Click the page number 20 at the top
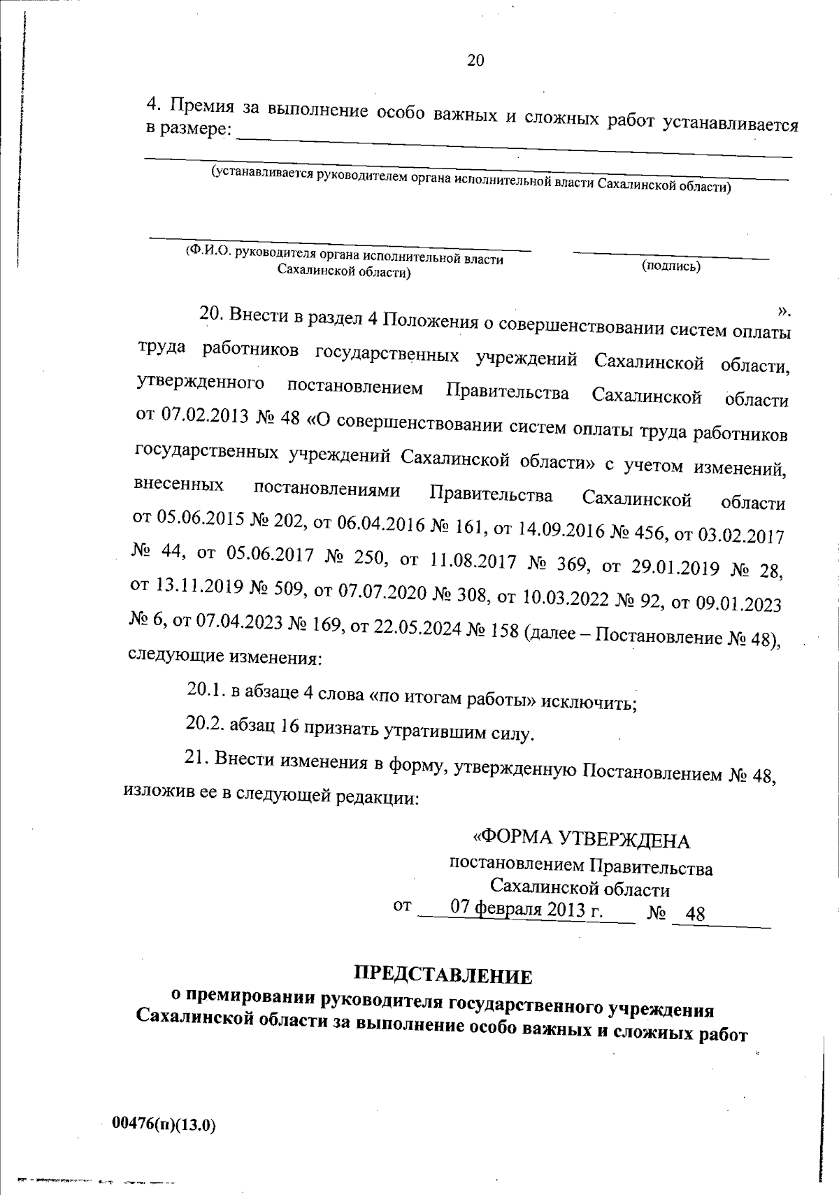pyautogui.click(x=475, y=60)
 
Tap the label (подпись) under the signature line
pyautogui.click(x=671, y=266)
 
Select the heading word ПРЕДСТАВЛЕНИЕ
pyautogui.click(x=443, y=974)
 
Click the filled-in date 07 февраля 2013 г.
pyautogui.click(x=526, y=910)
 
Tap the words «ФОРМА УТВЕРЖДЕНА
pyautogui.click(x=582, y=838)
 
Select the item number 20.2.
pyautogui.click(x=204, y=724)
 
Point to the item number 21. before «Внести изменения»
pyautogui.click(x=196, y=757)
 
